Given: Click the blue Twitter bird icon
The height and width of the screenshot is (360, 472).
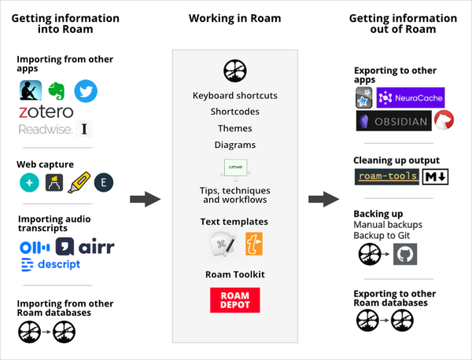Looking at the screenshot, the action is [x=86, y=91].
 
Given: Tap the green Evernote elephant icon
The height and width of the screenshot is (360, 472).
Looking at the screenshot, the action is [x=57, y=90].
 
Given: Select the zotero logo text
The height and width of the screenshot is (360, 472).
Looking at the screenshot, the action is [x=46, y=112].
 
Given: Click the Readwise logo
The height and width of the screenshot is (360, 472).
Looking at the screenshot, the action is [x=46, y=130].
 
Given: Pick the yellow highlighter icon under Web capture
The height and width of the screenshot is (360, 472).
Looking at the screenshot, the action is [x=79, y=182].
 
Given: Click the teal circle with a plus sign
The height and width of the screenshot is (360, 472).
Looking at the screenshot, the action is [x=29, y=182].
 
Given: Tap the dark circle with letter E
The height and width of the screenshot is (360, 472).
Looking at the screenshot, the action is [x=104, y=182].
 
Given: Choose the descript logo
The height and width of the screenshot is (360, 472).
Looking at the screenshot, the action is [x=50, y=264].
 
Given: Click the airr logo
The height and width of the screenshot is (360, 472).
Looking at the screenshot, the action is [x=85, y=247].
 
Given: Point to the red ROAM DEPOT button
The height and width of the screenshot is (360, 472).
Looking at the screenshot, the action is [x=234, y=299].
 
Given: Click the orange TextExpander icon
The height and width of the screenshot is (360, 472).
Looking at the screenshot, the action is [x=254, y=244].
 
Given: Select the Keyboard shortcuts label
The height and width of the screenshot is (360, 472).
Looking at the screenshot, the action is [x=234, y=96].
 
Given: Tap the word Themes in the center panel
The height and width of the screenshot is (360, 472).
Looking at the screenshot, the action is [x=234, y=128].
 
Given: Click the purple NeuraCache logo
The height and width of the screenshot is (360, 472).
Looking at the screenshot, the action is [x=411, y=97].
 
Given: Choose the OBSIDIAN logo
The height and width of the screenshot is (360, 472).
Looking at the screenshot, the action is [x=394, y=120].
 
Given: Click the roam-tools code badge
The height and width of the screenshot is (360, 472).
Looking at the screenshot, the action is [x=387, y=177].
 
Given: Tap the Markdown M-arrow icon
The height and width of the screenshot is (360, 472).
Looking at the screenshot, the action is [x=435, y=177].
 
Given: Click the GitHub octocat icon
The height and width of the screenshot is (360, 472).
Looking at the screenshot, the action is [x=405, y=254].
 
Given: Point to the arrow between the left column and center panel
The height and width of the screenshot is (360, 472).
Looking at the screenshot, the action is [x=146, y=199].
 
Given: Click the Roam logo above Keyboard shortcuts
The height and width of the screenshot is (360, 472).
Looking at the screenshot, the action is [x=234, y=71].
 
